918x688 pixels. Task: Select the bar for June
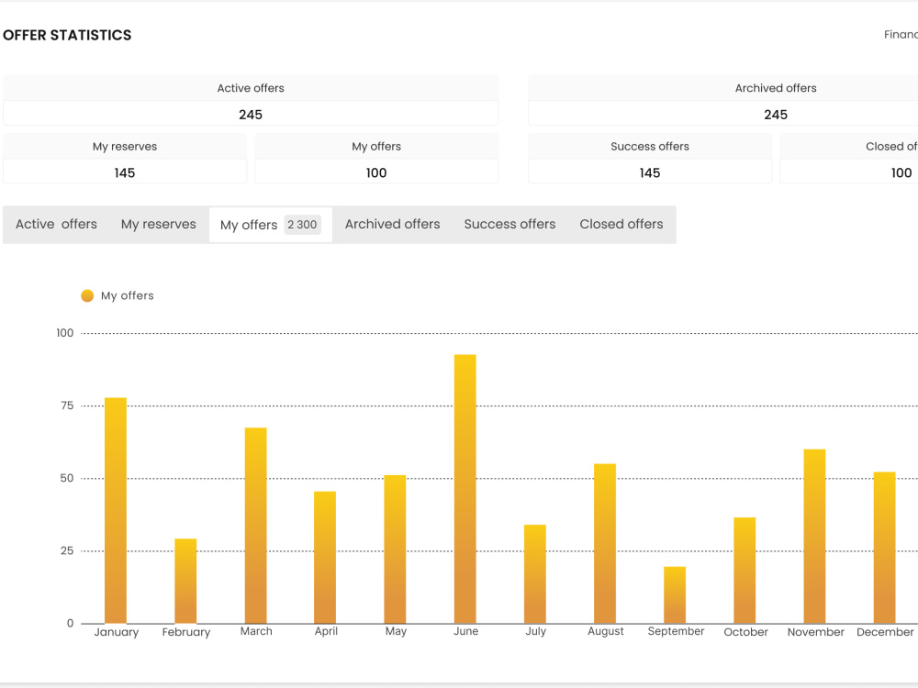pos(465,489)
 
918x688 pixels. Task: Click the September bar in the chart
pos(675,595)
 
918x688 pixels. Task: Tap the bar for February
pos(185,581)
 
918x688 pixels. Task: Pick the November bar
pos(814,536)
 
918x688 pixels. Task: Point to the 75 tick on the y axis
pos(67,405)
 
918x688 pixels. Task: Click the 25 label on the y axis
pos(67,550)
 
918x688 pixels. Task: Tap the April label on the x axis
pos(326,631)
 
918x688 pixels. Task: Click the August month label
pos(605,631)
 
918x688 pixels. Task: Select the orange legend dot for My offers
pos(87,295)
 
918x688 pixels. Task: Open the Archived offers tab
pos(392,224)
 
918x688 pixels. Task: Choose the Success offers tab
pos(509,224)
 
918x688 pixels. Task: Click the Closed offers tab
pos(621,224)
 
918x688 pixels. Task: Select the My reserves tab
pos(159,224)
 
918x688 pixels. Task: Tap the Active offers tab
pos(56,224)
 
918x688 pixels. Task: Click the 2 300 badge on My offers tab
pos(302,225)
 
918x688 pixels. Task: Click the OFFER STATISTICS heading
pos(67,35)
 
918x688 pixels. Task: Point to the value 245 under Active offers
pos(251,115)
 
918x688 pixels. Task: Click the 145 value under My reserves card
pos(125,173)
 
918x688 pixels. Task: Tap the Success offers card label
pos(650,146)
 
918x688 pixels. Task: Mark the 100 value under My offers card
pos(376,173)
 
